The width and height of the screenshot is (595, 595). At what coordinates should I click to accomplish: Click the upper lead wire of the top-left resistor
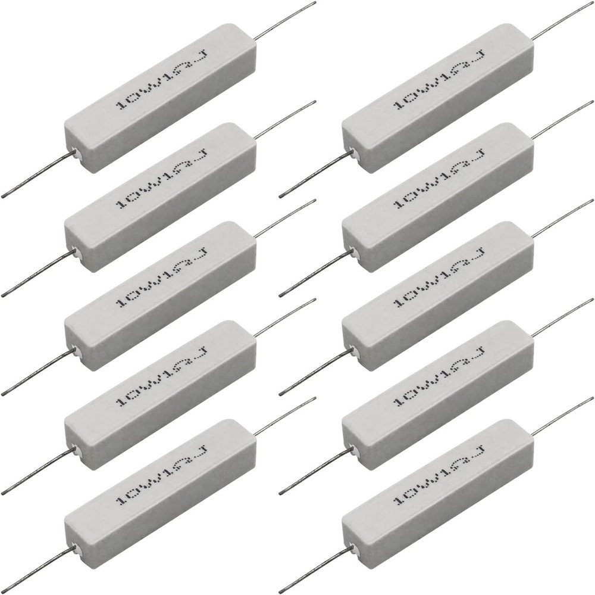coord(285,20)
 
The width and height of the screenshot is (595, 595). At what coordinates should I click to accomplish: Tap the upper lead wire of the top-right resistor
coord(562,20)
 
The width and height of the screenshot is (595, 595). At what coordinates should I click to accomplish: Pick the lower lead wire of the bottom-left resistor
coord(39,569)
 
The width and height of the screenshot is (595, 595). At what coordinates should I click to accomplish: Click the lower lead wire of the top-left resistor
coord(39,175)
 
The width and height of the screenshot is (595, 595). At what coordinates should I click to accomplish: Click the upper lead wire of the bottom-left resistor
coord(285,416)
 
